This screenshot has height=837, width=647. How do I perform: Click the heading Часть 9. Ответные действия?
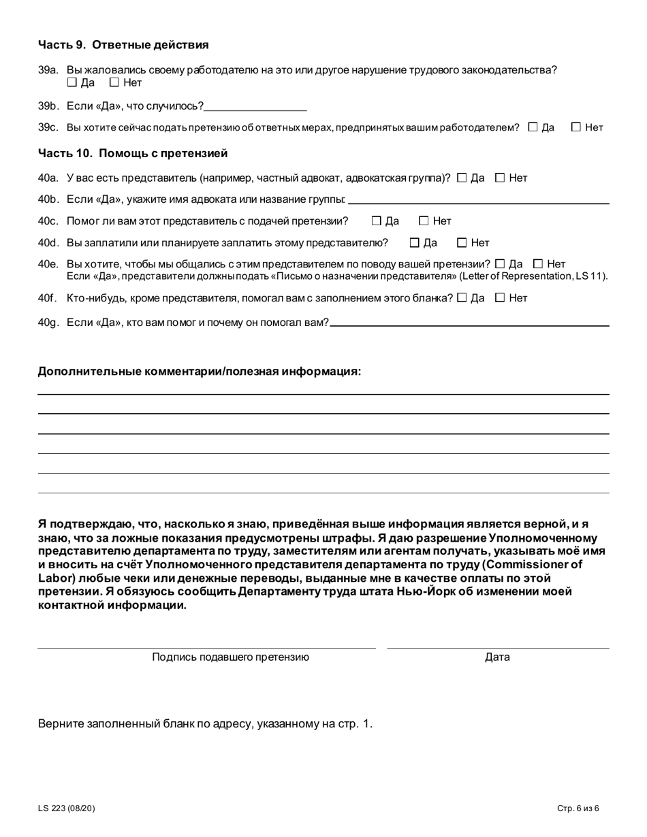tap(123, 45)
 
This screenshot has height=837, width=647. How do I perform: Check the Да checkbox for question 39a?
tap(72, 83)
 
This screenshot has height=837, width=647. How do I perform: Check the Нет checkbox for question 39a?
tap(114, 83)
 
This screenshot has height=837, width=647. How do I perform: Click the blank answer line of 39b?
tap(255, 107)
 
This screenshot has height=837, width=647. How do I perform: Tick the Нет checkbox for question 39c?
tap(576, 127)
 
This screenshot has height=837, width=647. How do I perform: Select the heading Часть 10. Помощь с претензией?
tap(133, 153)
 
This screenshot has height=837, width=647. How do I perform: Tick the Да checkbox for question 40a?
tap(462, 178)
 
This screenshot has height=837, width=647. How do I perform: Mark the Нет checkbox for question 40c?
tap(424, 220)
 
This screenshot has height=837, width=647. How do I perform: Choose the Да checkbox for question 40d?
tap(415, 242)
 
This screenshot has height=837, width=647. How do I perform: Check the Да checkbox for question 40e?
tap(501, 263)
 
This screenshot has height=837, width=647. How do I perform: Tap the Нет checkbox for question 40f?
tap(500, 297)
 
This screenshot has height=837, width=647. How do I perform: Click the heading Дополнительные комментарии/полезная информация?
tap(200, 371)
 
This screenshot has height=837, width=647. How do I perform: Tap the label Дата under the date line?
tap(497, 657)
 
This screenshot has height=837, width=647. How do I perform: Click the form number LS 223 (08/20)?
tap(67, 808)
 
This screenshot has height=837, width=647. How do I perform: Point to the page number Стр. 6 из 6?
tap(578, 808)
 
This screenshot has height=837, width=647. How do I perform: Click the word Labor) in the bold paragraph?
tap(56, 577)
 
